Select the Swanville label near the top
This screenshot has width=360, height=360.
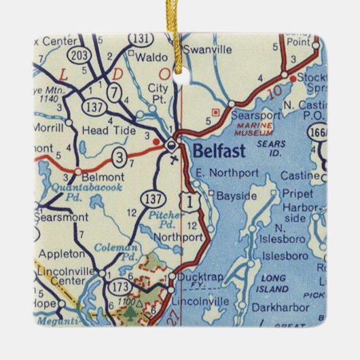pyautogui.click(x=211, y=50)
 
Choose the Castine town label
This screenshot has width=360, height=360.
pyautogui.click(x=300, y=176)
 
